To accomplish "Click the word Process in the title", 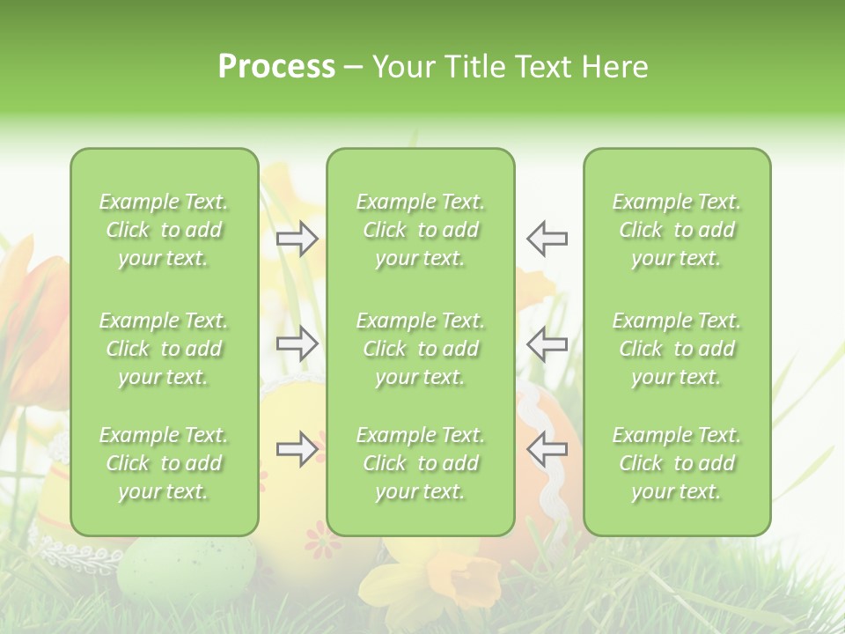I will coord(276,67).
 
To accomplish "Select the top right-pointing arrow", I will coord(298,239).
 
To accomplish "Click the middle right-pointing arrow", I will coord(298,343).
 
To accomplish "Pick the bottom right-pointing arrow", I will coord(298,449).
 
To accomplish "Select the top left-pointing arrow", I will coord(547,239).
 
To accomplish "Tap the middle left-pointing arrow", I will coord(547,343).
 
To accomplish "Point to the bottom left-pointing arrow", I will coord(547,449).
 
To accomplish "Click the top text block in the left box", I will coord(164,230).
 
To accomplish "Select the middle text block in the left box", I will coord(164,349).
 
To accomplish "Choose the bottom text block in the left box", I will coord(164,463).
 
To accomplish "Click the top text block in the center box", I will coord(421,230).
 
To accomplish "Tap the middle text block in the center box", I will coord(421,349).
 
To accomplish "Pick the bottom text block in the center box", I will coord(421,463).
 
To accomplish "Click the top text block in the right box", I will coord(677,230).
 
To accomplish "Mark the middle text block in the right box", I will coord(677,349).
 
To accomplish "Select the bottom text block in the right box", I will coord(677,463).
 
